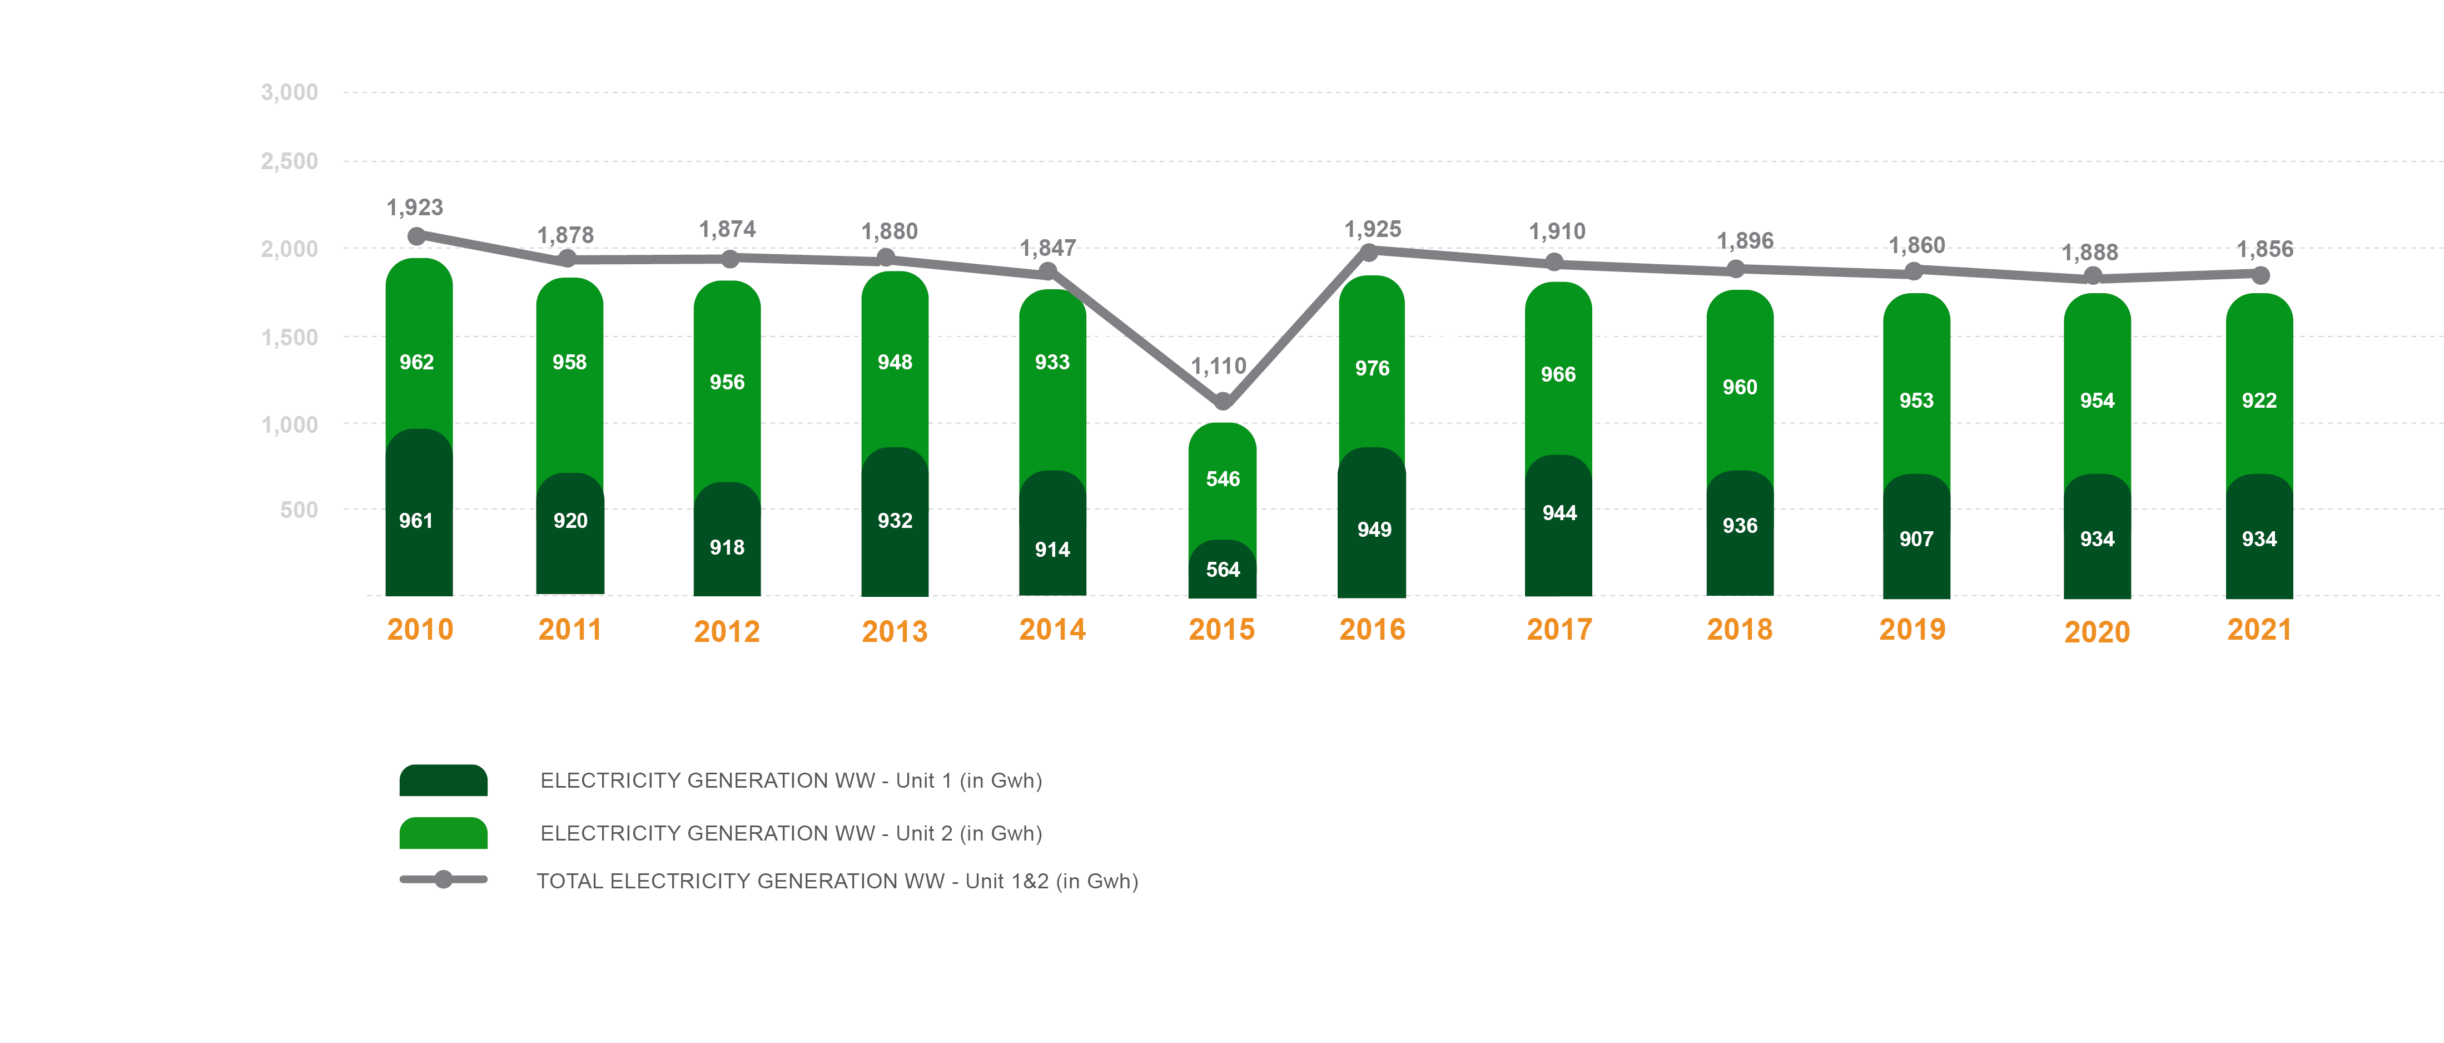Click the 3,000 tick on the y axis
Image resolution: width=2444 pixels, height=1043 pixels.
click(x=289, y=92)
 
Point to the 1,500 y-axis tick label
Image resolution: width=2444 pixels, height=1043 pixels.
click(x=289, y=337)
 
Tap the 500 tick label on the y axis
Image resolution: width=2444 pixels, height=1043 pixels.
click(x=299, y=510)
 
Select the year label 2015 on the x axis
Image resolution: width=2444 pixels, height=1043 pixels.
click(x=1222, y=629)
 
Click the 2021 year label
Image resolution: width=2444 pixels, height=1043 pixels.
click(x=2259, y=629)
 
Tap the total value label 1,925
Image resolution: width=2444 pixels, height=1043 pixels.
click(x=1373, y=229)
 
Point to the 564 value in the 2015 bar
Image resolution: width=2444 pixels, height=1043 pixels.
click(x=1223, y=570)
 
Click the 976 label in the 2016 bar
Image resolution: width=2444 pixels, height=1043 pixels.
click(x=1372, y=368)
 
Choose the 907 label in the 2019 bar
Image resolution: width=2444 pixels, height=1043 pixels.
click(x=1916, y=539)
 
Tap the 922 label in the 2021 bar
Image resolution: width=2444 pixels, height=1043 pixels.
click(x=2259, y=401)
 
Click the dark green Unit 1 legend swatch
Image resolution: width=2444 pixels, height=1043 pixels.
click(x=443, y=780)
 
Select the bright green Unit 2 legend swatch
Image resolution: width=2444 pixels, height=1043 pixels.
click(x=443, y=833)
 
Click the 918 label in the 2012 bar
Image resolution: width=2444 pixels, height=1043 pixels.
click(x=728, y=547)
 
